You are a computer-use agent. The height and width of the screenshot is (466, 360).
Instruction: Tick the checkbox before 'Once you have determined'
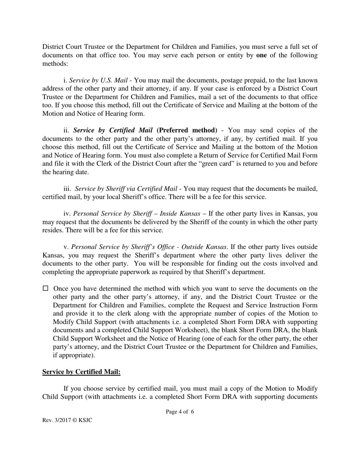pos(45,288)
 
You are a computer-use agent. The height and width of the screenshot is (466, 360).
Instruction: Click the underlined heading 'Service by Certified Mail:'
pos(81,372)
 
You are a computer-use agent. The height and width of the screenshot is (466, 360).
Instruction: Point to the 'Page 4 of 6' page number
pos(180,412)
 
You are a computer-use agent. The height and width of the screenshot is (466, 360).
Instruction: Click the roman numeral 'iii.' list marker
pos(67,189)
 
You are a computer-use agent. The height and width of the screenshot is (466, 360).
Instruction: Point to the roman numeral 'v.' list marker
pos(66,247)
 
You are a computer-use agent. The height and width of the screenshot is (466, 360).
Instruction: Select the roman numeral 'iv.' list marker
pos(67,214)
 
